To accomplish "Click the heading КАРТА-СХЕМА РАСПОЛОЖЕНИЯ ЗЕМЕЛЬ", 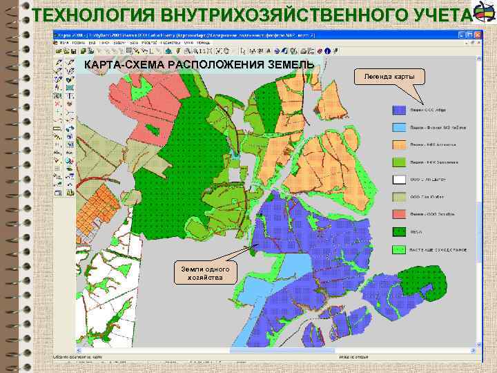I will pyautogui.click(x=199, y=64).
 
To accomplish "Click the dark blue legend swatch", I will pyautogui.click(x=398, y=109).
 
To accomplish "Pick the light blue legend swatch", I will pyautogui.click(x=398, y=127).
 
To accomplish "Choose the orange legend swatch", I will pyautogui.click(x=398, y=144).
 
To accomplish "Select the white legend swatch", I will pyautogui.click(x=398, y=180).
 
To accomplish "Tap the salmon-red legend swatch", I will pyautogui.click(x=398, y=214).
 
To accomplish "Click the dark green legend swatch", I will pyautogui.click(x=398, y=231).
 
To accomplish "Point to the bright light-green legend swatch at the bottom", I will pyautogui.click(x=398, y=249).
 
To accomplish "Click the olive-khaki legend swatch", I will pyautogui.click(x=398, y=197).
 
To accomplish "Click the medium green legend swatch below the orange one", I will pyautogui.click(x=398, y=162).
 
